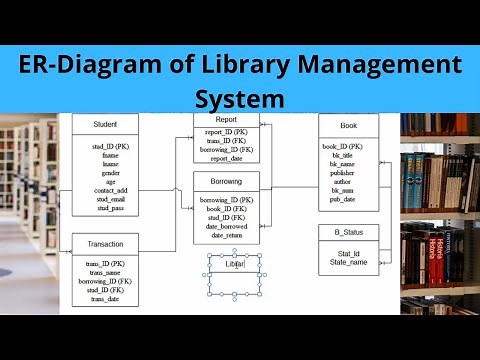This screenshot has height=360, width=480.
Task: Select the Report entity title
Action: [x=226, y=120]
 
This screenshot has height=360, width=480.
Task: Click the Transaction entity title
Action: [x=105, y=244]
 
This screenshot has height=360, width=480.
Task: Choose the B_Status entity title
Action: [x=348, y=232]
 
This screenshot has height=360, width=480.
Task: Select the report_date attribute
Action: [x=225, y=158]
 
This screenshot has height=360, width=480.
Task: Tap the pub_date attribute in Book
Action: [x=344, y=200]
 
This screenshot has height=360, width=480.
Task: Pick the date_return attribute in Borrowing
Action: [x=226, y=236]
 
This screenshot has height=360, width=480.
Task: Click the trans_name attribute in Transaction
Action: [x=105, y=272]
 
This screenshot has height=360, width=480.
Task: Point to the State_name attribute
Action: [x=349, y=261]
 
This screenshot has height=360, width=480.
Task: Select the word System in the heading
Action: [x=241, y=99]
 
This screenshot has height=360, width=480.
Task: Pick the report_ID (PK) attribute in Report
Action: [x=226, y=132]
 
